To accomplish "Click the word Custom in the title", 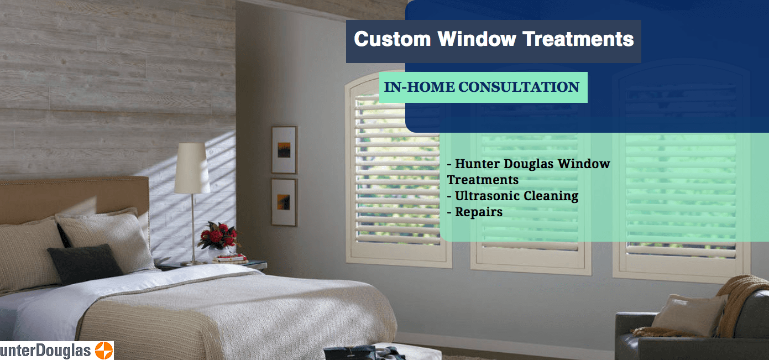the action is pyautogui.click(x=393, y=39).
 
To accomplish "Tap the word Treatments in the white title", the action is pyautogui.click(x=578, y=39).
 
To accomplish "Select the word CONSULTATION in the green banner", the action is pyautogui.click(x=519, y=87).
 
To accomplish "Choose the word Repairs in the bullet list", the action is pyautogui.click(x=479, y=212).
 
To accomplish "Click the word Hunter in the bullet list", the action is pyautogui.click(x=477, y=164).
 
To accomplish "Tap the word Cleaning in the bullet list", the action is pyautogui.click(x=551, y=196).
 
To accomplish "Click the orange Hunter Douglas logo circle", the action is pyautogui.click(x=104, y=351).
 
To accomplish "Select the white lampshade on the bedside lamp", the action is pyautogui.click(x=192, y=168).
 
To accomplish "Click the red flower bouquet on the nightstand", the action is pyautogui.click(x=219, y=236).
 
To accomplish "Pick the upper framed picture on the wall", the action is pyautogui.click(x=284, y=150).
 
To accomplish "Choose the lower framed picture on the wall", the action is pyautogui.click(x=284, y=202).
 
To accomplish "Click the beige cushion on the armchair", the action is pyautogui.click(x=688, y=316).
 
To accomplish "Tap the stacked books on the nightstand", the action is pyautogui.click(x=230, y=258).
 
